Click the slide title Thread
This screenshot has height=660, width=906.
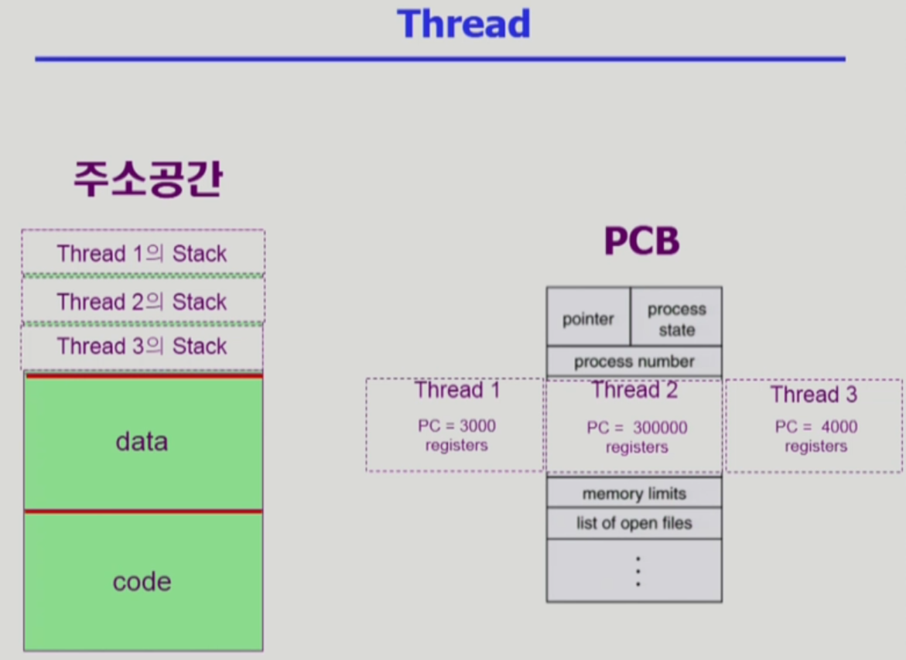point(463,24)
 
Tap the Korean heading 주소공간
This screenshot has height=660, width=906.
point(148,180)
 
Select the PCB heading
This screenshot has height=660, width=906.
point(641,242)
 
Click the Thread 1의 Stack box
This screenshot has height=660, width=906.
point(142,253)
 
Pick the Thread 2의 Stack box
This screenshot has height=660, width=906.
point(142,301)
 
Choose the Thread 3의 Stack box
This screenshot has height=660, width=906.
point(142,346)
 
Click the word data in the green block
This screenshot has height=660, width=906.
point(142,441)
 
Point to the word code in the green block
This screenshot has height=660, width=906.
point(142,582)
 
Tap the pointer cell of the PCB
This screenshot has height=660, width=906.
point(588,319)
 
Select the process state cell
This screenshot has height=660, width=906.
point(676,319)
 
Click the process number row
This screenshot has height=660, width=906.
point(634,361)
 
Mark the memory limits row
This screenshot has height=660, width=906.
point(634,493)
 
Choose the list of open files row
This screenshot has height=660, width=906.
point(634,523)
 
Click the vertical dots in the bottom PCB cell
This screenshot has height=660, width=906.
point(638,571)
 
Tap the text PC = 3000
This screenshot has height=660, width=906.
point(456,426)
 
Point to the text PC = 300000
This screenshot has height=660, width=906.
point(637,428)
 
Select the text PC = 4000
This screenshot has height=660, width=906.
point(816,427)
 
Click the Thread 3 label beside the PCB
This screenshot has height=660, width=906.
point(814,395)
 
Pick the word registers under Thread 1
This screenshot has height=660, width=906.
point(456,446)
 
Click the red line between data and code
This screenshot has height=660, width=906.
point(143,511)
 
